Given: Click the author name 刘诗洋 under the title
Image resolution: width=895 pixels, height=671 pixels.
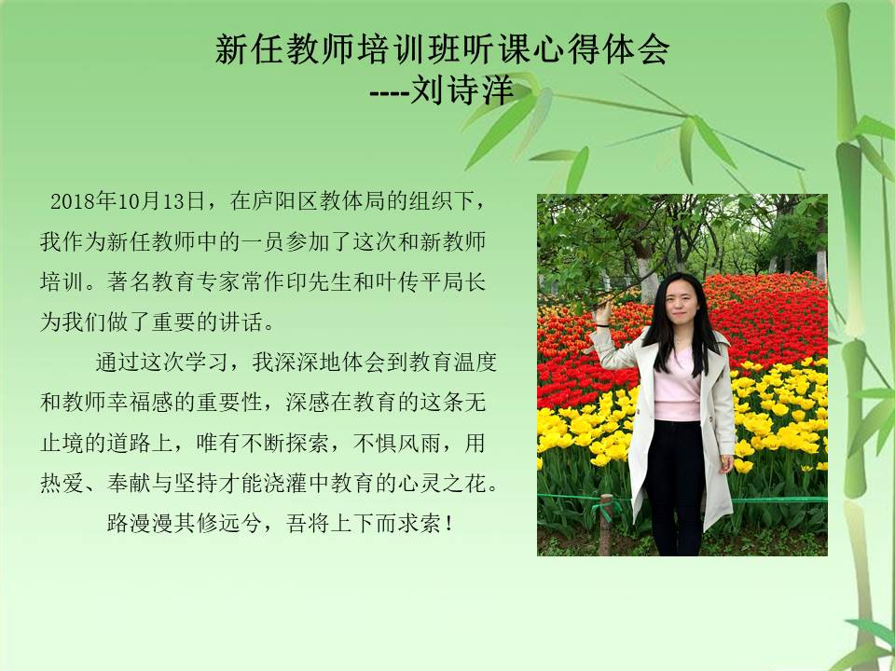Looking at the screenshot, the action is (x=462, y=89).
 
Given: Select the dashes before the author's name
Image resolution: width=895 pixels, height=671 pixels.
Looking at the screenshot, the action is (x=390, y=91).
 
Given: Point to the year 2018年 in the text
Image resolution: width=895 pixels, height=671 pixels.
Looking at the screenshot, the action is (x=83, y=201).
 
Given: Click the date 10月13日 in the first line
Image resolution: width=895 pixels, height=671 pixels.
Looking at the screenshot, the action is (x=161, y=201).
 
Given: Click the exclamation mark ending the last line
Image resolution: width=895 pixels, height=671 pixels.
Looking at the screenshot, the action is (x=450, y=523).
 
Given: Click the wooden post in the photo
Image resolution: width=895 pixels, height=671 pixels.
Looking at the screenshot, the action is (x=606, y=525).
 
